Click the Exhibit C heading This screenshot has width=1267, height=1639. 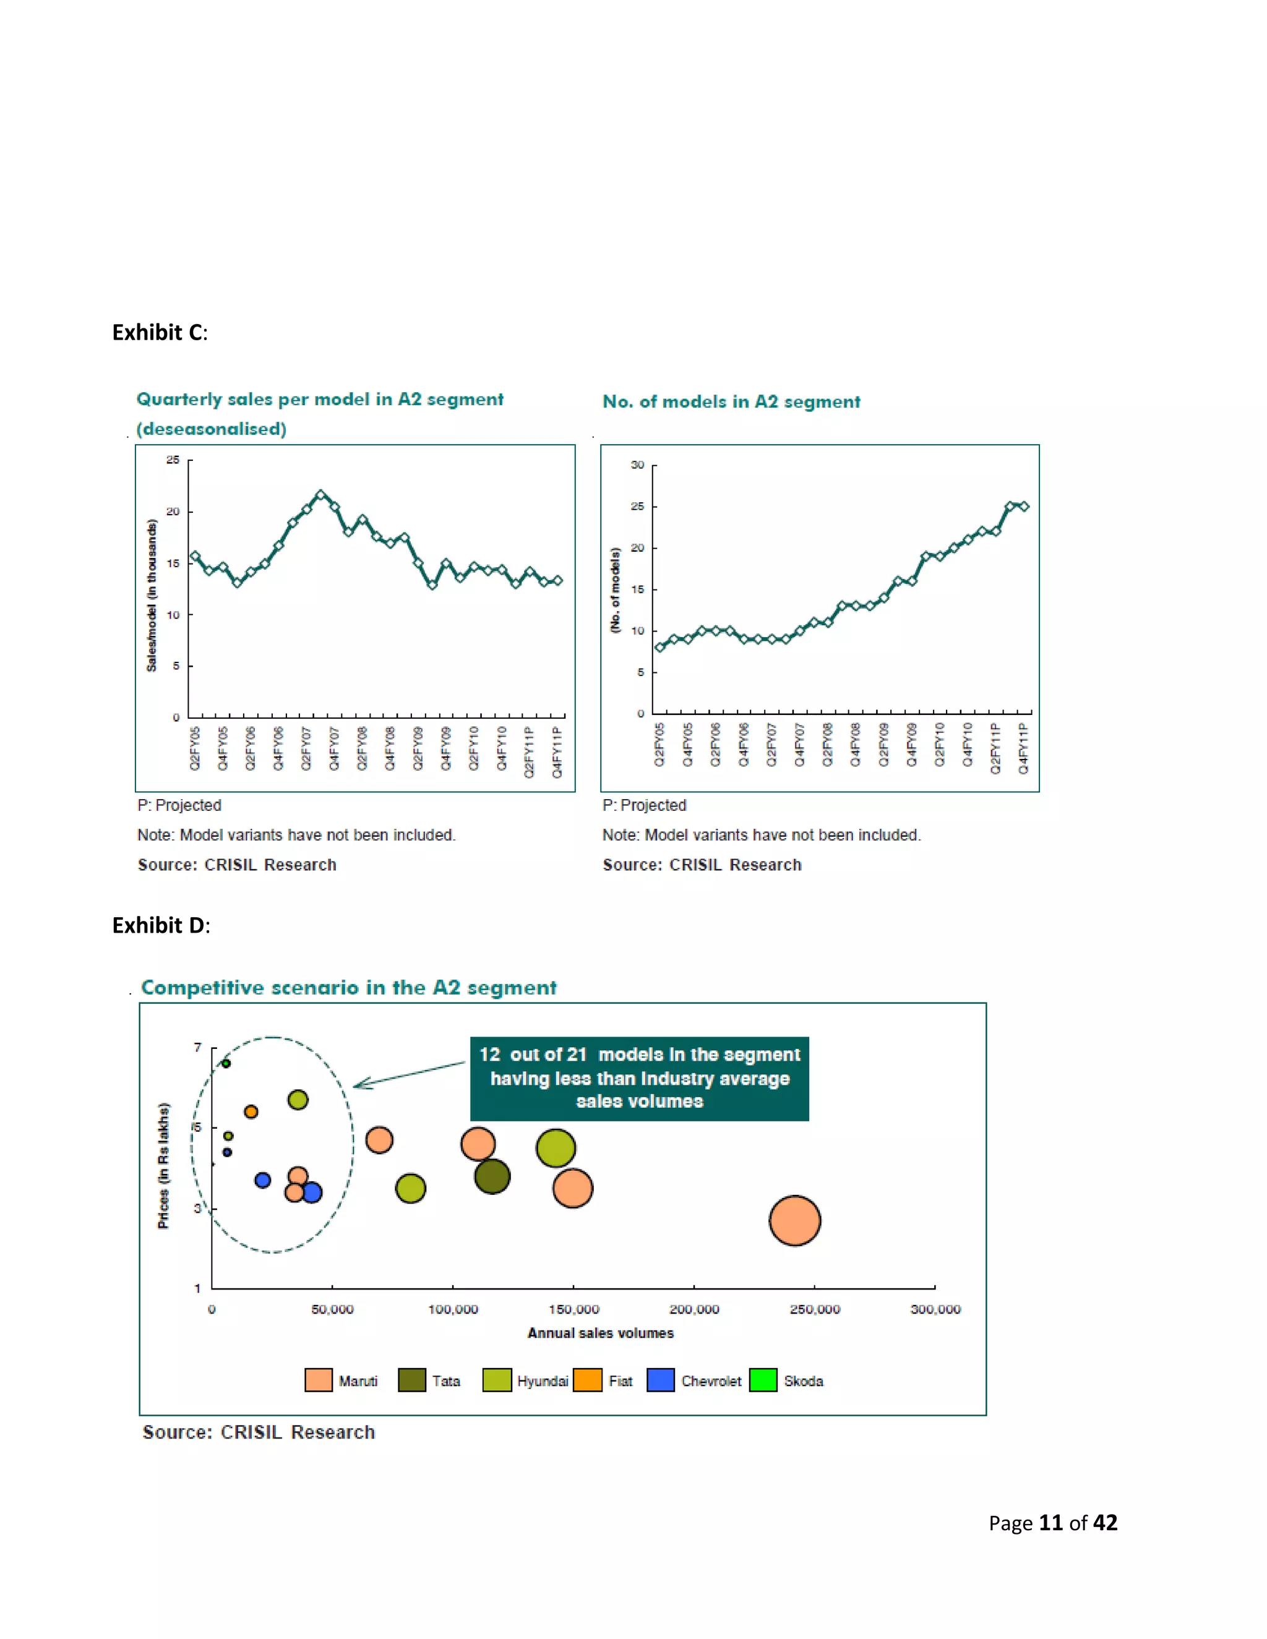(159, 333)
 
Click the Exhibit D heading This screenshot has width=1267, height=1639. (161, 925)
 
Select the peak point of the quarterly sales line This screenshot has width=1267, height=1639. (320, 495)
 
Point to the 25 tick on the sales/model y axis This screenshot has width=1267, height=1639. (173, 460)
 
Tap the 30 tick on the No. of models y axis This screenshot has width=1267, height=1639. (637, 465)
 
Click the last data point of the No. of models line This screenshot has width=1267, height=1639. (1024, 507)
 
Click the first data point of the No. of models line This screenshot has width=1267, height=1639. (659, 647)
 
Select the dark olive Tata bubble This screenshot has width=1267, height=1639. (492, 1176)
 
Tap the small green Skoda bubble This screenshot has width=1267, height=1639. (226, 1063)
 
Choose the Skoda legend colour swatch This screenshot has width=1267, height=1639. (763, 1380)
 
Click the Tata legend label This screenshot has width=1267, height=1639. (446, 1381)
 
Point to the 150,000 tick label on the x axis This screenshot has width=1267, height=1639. (573, 1309)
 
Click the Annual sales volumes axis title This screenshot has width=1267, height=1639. (601, 1333)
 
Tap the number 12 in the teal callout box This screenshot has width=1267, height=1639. (489, 1055)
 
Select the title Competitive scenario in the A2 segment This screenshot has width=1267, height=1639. (349, 988)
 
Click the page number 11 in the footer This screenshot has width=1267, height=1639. (1050, 1523)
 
